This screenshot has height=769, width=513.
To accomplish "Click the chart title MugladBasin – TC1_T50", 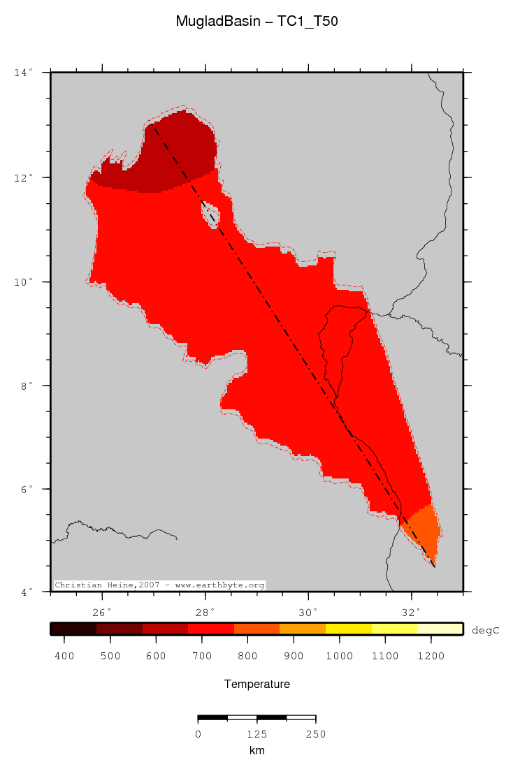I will (x=256, y=22).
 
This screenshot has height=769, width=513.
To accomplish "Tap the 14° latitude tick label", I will (x=22, y=73).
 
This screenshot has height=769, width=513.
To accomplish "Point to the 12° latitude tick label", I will (x=22, y=177).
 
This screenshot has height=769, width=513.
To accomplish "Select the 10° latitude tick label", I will (x=22, y=281).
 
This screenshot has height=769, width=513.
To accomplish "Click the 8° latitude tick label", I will (x=25, y=386).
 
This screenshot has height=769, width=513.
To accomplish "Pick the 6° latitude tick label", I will (x=25, y=489).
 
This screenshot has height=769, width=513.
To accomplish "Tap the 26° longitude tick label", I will (x=103, y=613).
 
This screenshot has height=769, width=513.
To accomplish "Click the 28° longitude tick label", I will (x=205, y=613).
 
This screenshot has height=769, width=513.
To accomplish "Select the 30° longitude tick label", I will (x=308, y=613).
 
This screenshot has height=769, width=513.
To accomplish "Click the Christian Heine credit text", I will (x=159, y=585).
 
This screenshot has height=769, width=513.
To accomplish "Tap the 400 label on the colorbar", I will (x=64, y=656).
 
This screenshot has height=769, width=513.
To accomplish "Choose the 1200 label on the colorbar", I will (x=431, y=656).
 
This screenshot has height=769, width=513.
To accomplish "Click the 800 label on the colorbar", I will (x=248, y=656).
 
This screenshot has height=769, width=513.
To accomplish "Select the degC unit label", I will (x=485, y=630).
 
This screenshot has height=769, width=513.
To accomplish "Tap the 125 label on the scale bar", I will (x=257, y=734).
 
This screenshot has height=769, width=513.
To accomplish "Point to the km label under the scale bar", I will (x=256, y=751).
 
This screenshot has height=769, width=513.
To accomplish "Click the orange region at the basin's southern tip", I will (x=424, y=527).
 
